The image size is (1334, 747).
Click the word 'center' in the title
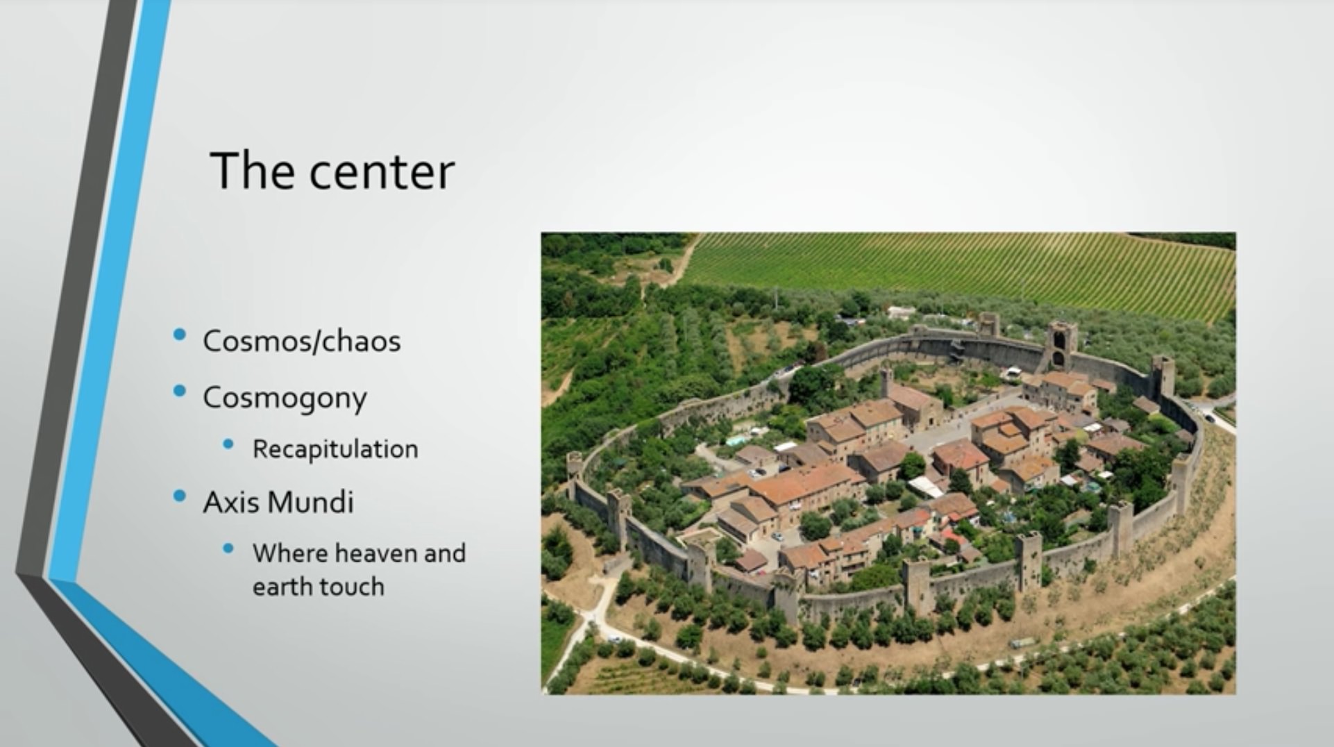(382, 172)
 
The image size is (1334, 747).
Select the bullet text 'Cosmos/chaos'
(302, 341)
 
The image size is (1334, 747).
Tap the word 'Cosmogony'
(285, 398)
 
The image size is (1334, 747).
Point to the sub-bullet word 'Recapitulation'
(335, 449)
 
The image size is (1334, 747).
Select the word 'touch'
(352, 587)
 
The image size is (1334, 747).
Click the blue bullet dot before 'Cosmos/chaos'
(180, 335)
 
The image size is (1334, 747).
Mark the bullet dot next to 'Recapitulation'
(228, 444)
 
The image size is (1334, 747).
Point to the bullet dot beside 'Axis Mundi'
(180, 496)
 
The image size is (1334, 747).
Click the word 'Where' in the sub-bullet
(289, 553)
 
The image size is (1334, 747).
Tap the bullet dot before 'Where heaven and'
(228, 548)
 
